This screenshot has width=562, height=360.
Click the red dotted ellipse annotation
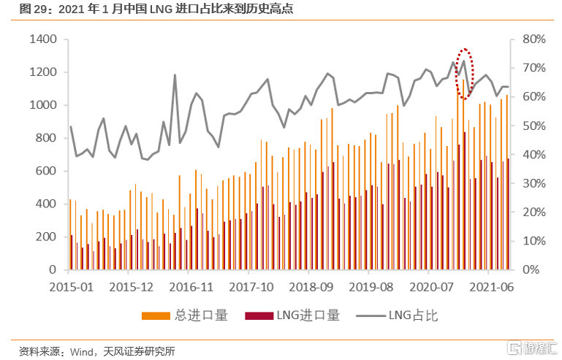(x=465, y=74)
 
